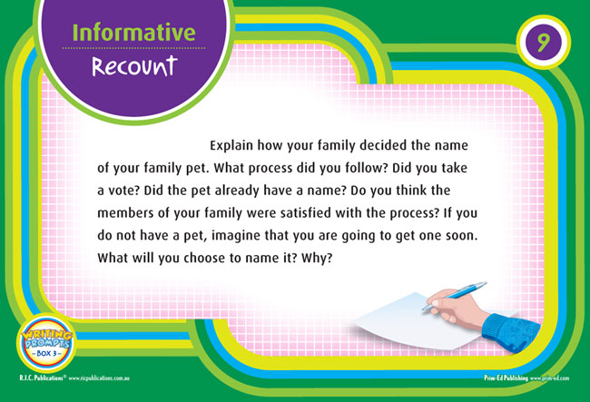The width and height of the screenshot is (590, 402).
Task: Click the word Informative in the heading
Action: [x=133, y=33]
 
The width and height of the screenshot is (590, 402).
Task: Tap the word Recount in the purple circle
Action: [x=134, y=66]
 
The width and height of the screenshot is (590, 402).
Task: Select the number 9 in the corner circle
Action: [x=543, y=42]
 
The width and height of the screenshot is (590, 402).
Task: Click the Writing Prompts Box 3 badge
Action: [x=46, y=344]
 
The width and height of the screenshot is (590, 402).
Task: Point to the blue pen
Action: [x=454, y=296]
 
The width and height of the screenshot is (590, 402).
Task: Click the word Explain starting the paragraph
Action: [x=231, y=145]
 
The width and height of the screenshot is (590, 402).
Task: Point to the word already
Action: [x=237, y=191]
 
